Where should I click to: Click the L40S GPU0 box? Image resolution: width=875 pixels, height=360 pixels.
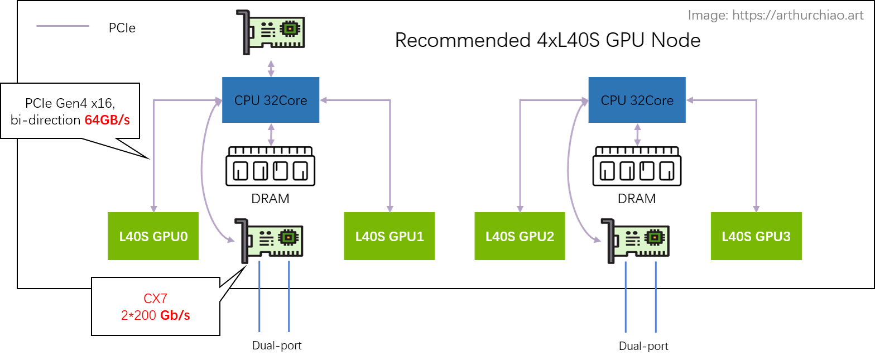point(153,236)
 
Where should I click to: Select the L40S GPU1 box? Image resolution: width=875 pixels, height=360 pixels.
point(390,236)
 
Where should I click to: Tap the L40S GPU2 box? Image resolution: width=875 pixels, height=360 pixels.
point(520,236)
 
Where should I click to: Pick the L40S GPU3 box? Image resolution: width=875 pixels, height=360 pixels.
point(756,236)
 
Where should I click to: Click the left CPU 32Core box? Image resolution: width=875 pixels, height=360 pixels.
point(271,100)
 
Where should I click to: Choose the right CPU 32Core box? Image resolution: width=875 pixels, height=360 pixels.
point(637,100)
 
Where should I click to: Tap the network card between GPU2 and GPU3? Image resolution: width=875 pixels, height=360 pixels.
point(636,241)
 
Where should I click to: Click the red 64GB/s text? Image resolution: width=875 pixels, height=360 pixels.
point(107,119)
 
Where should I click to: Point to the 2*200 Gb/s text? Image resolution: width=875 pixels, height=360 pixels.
point(156,315)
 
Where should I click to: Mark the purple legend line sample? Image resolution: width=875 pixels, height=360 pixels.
point(62,26)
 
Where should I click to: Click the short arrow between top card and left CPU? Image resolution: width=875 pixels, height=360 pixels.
point(271,68)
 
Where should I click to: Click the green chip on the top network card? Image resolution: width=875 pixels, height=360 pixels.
point(289,28)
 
